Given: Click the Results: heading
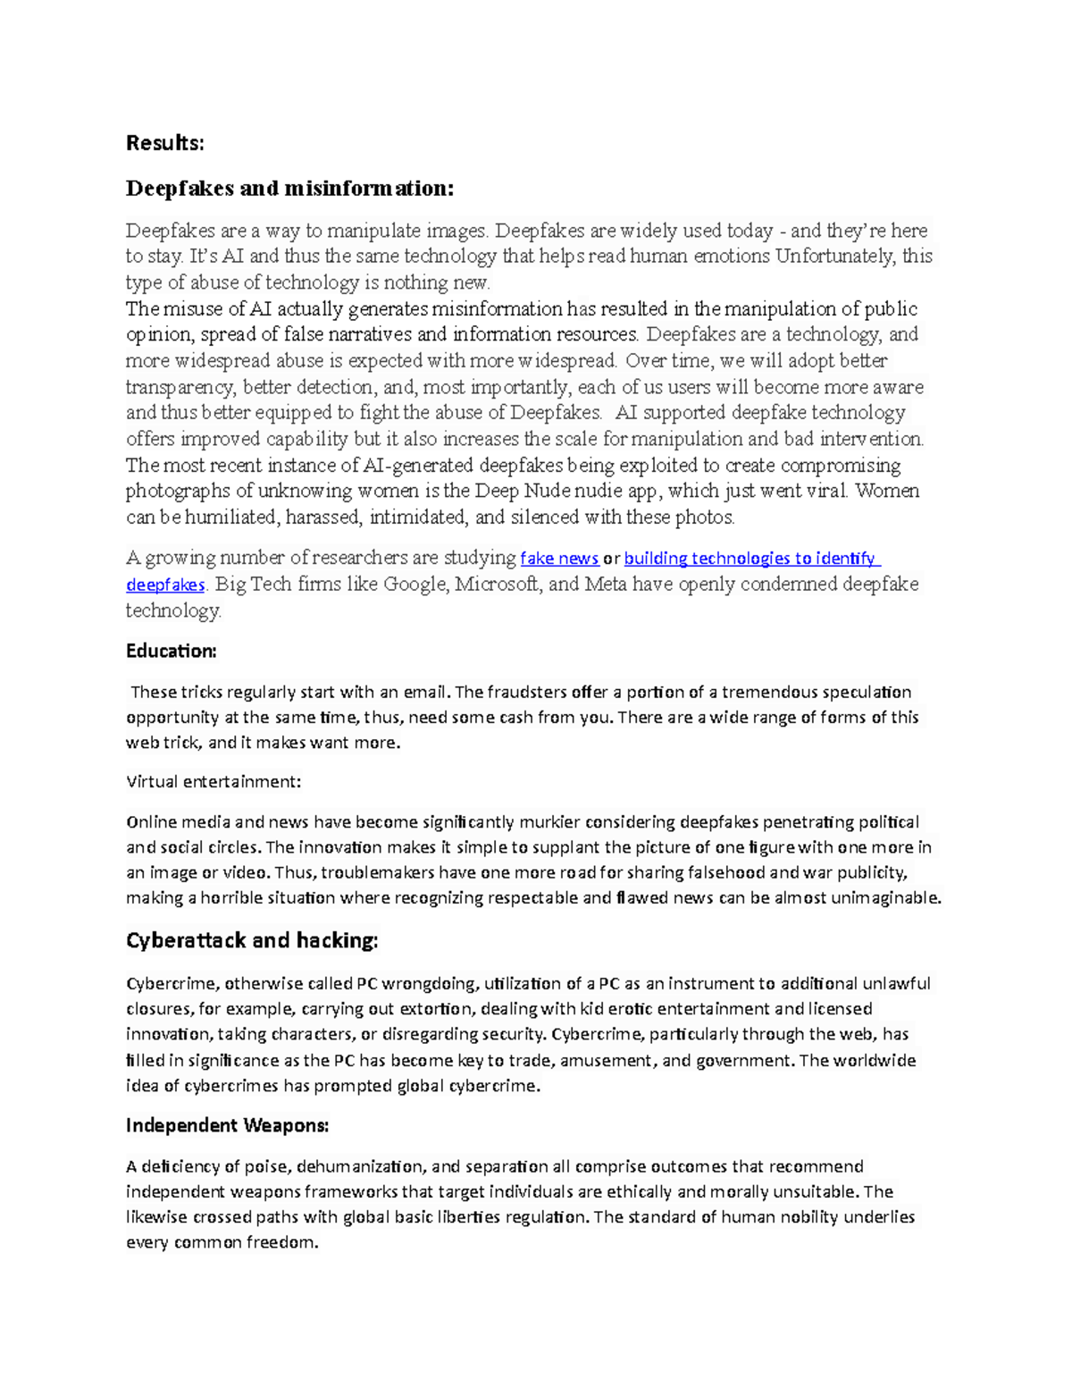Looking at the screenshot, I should point(165,143).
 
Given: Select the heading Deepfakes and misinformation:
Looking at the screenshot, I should point(289,189).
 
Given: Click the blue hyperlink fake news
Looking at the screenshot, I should point(559,559).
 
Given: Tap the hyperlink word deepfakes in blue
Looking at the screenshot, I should point(165,585).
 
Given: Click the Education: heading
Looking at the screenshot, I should point(172,651).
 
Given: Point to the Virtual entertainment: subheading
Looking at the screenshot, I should point(214,781).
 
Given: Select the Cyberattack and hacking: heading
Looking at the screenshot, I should point(252,940).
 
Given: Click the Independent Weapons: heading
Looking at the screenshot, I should point(227,1125).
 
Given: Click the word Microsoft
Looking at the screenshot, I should point(497,585).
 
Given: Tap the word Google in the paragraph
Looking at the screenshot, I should point(416,585).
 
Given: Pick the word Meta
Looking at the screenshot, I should point(606,585).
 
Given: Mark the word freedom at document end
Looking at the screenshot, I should point(281,1242).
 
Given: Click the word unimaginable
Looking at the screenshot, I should point(885,898).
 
